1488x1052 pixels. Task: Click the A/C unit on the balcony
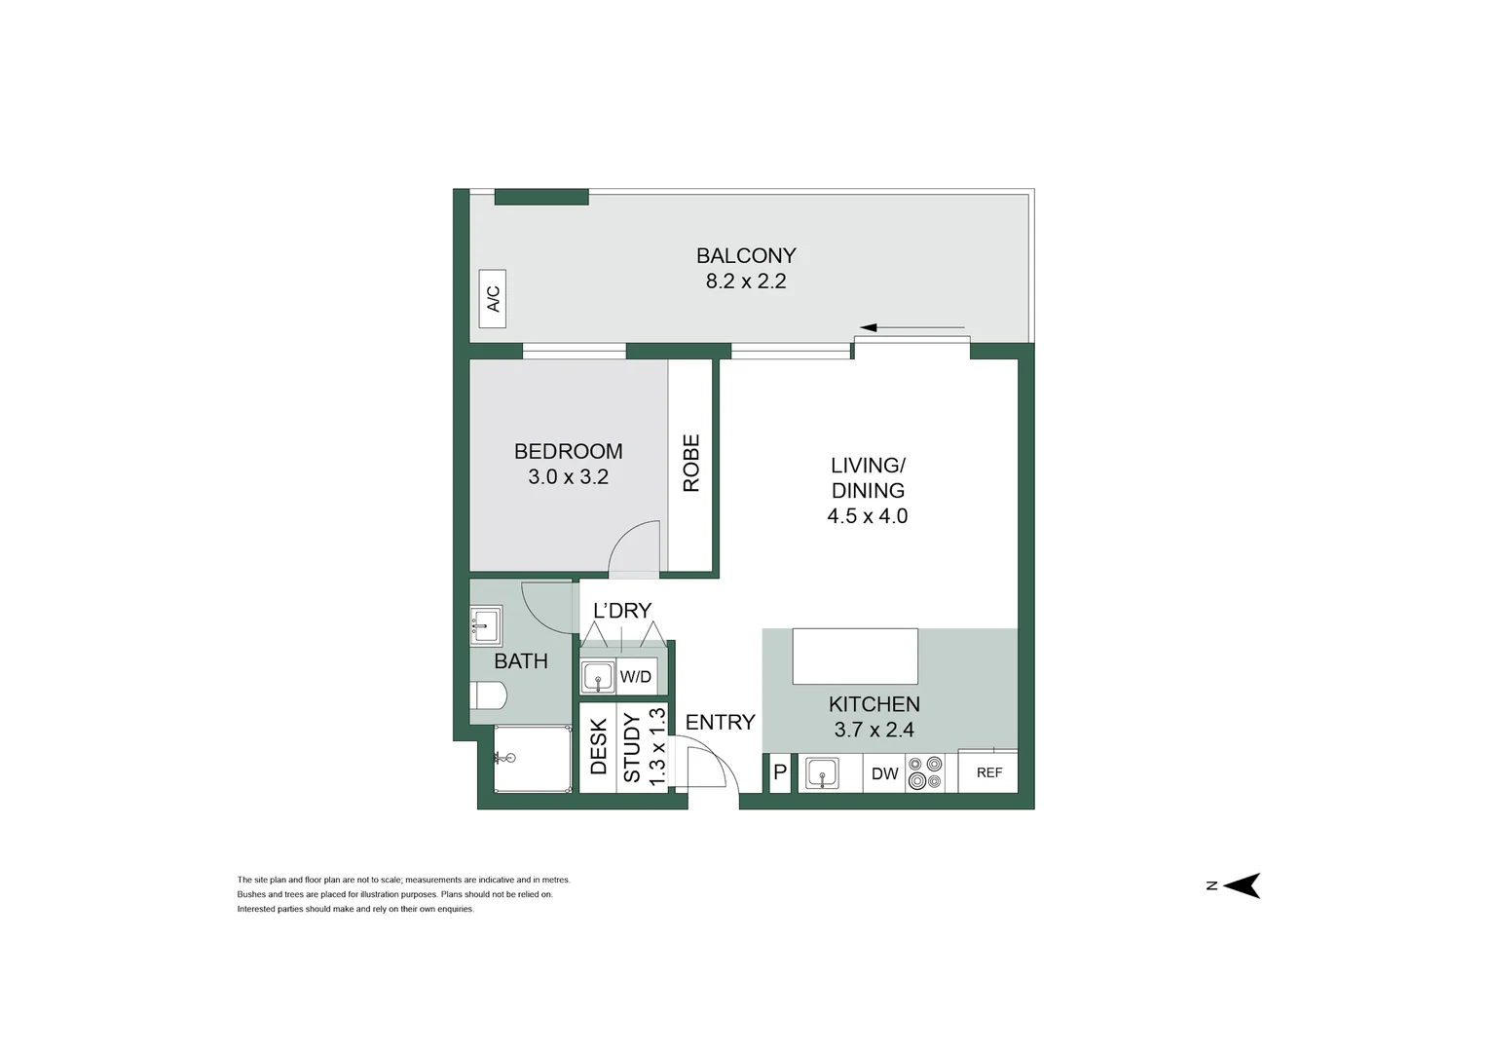(x=494, y=298)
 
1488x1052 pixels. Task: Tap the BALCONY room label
(x=746, y=255)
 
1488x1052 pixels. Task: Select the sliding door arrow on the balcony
(x=912, y=327)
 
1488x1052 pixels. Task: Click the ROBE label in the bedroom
(x=691, y=463)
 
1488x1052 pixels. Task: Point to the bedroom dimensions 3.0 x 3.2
(x=568, y=477)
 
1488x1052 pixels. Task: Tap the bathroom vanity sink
(x=485, y=625)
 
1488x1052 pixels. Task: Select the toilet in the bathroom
(x=488, y=696)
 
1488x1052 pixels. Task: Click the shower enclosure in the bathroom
(x=532, y=760)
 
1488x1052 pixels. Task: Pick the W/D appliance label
(x=636, y=677)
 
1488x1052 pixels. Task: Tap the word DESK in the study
(x=599, y=747)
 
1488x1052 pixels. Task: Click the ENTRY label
(x=720, y=722)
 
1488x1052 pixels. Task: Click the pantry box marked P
(x=780, y=773)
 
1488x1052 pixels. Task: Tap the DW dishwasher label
(x=884, y=773)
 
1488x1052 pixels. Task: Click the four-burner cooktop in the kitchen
(x=925, y=773)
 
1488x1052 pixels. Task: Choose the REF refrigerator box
(x=988, y=772)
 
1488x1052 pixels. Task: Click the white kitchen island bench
(x=855, y=657)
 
